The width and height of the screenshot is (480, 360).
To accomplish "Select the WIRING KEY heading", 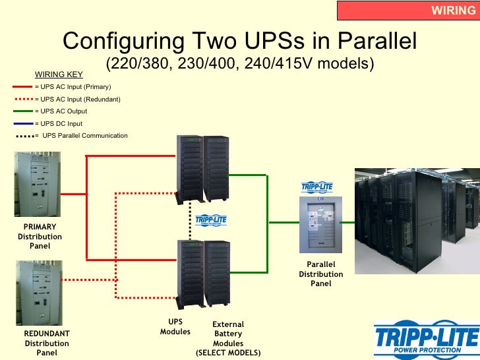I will tap(59, 75).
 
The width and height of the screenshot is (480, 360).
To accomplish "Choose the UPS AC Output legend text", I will tap(63, 111).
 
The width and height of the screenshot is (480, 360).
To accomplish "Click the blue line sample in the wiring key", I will tap(22, 123).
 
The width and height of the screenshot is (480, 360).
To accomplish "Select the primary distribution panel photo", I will tap(38, 185).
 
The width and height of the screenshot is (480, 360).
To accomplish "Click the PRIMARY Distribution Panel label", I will tap(40, 236).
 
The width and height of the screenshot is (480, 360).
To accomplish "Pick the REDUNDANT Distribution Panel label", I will tap(46, 344).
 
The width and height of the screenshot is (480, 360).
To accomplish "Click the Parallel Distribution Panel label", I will tap(320, 274).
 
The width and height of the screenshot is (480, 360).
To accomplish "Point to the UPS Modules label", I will tap(175, 327).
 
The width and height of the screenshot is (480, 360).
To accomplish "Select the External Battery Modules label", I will tap(228, 338).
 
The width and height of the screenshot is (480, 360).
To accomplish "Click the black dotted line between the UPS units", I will tap(190, 222).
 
